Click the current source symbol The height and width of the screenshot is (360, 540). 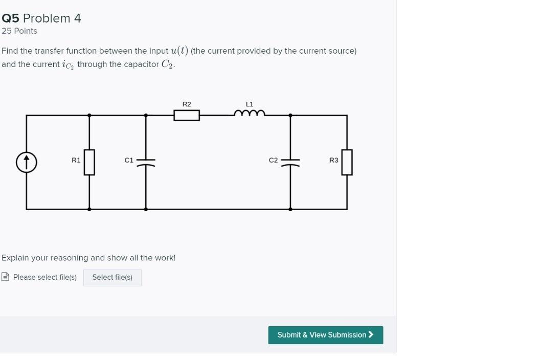pyautogui.click(x=27, y=163)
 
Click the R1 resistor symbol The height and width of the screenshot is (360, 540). pyautogui.click(x=89, y=162)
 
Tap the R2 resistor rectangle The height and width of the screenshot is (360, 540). pyautogui.click(x=187, y=115)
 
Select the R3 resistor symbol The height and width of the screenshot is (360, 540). pyautogui.click(x=347, y=162)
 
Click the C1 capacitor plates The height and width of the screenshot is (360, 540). pyautogui.click(x=146, y=162)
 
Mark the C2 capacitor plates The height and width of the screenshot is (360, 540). pyautogui.click(x=290, y=162)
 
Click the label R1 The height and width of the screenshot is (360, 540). pyautogui.click(x=76, y=160)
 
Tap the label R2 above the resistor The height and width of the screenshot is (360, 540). pyautogui.click(x=187, y=104)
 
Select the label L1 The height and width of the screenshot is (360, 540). pyautogui.click(x=250, y=104)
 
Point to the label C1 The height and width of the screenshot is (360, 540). pyautogui.click(x=129, y=160)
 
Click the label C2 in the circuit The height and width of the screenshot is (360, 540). pyautogui.click(x=274, y=160)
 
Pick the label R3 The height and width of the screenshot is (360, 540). pyautogui.click(x=334, y=160)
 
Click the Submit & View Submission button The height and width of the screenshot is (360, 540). pyautogui.click(x=325, y=335)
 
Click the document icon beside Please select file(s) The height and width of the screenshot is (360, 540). pyautogui.click(x=6, y=277)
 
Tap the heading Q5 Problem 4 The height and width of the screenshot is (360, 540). pyautogui.click(x=41, y=18)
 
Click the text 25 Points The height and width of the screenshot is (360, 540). pyautogui.click(x=19, y=31)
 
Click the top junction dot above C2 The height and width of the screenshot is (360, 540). pyautogui.click(x=290, y=115)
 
